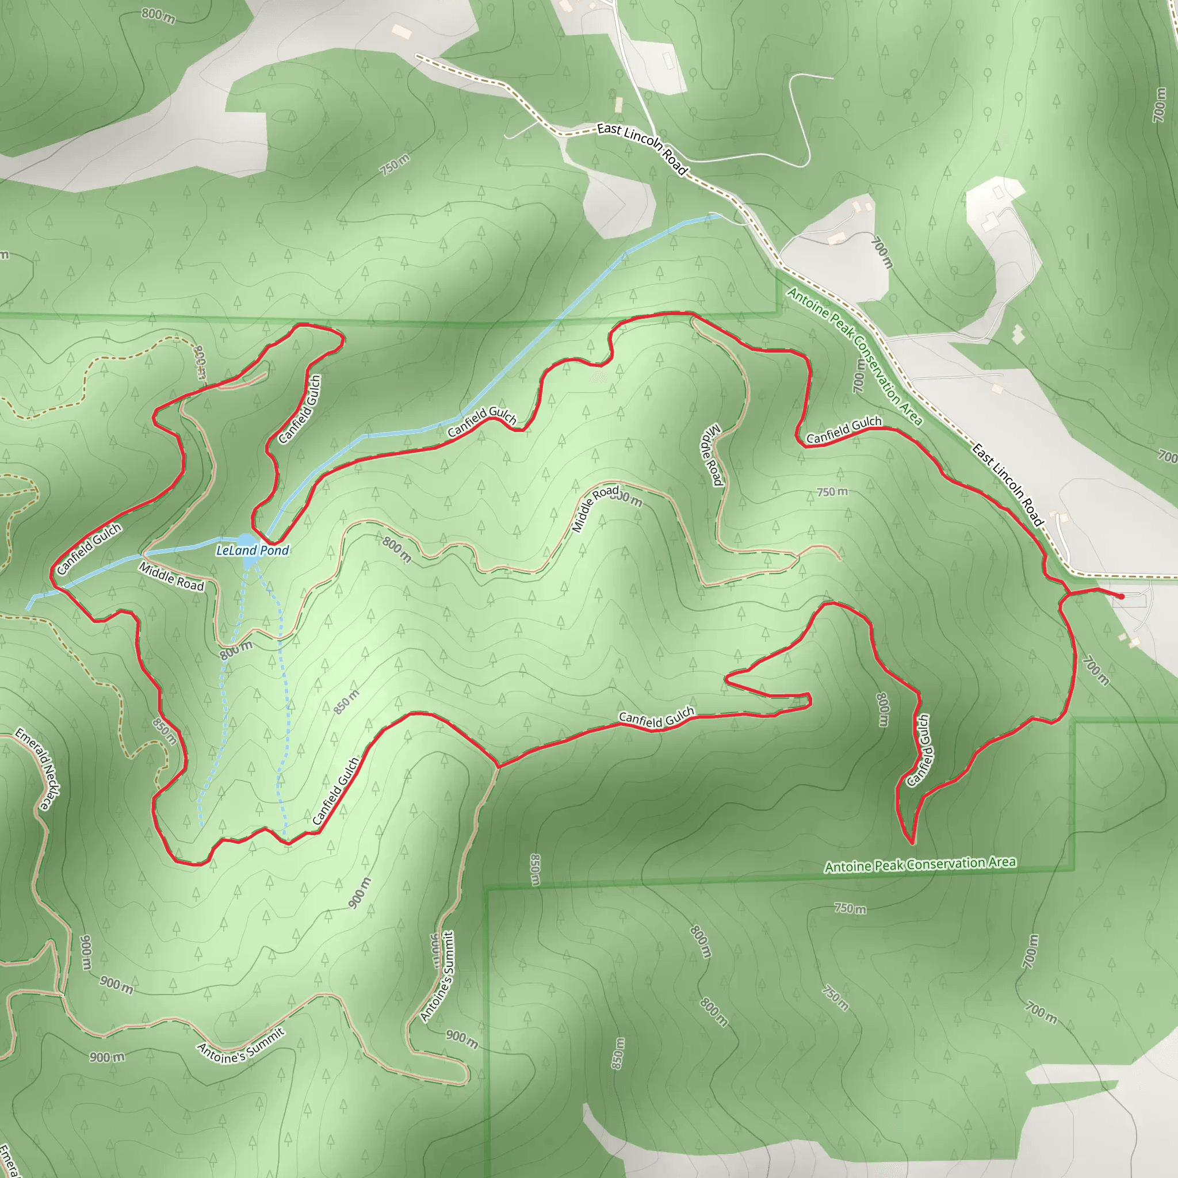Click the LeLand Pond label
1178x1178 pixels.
(x=253, y=550)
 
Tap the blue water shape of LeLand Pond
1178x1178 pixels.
(x=245, y=541)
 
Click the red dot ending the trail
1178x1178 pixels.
(x=1120, y=596)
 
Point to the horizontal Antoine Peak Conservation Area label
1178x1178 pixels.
(x=920, y=865)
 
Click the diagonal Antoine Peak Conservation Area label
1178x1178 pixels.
(x=854, y=356)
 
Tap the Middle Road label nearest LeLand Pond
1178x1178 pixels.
(x=171, y=577)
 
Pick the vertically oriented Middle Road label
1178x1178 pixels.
(x=712, y=456)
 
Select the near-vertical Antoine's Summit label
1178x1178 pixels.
(x=438, y=976)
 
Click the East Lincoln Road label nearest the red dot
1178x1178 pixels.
(x=1008, y=485)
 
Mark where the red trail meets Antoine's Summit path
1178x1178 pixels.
(x=498, y=766)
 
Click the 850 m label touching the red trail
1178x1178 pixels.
(x=165, y=732)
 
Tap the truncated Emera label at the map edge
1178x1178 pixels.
(x=7, y=1160)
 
